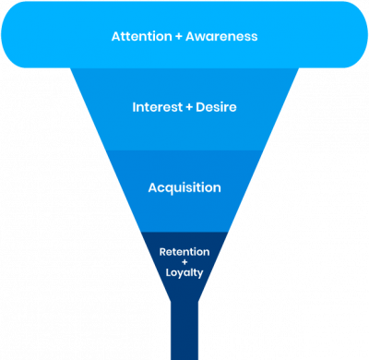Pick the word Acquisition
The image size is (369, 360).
coord(184,187)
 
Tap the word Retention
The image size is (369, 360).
coord(184,251)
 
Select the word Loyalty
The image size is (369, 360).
coord(184,273)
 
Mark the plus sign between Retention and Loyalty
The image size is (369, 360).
coord(184,262)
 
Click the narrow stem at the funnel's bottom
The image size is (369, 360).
coord(184,332)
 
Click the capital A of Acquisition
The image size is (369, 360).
coord(153,187)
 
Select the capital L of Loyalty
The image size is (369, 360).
coord(168,273)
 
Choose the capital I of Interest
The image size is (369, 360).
coord(134,107)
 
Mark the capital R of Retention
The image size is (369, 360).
coord(162,251)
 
